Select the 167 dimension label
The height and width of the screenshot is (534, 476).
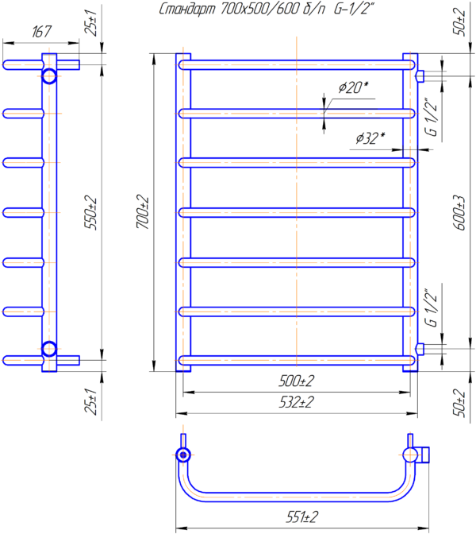click(x=41, y=32)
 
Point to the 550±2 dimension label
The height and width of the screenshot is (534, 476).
click(x=90, y=212)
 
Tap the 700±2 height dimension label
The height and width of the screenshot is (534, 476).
click(x=143, y=211)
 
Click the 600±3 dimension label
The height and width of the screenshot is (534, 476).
click(x=459, y=213)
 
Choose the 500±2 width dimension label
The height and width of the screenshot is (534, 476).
click(x=296, y=381)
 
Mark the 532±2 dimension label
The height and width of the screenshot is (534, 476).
click(x=296, y=403)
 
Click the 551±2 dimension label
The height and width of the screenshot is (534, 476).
click(x=302, y=517)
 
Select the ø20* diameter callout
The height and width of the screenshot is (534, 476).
click(x=353, y=87)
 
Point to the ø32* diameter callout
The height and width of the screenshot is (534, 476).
click(x=370, y=138)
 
